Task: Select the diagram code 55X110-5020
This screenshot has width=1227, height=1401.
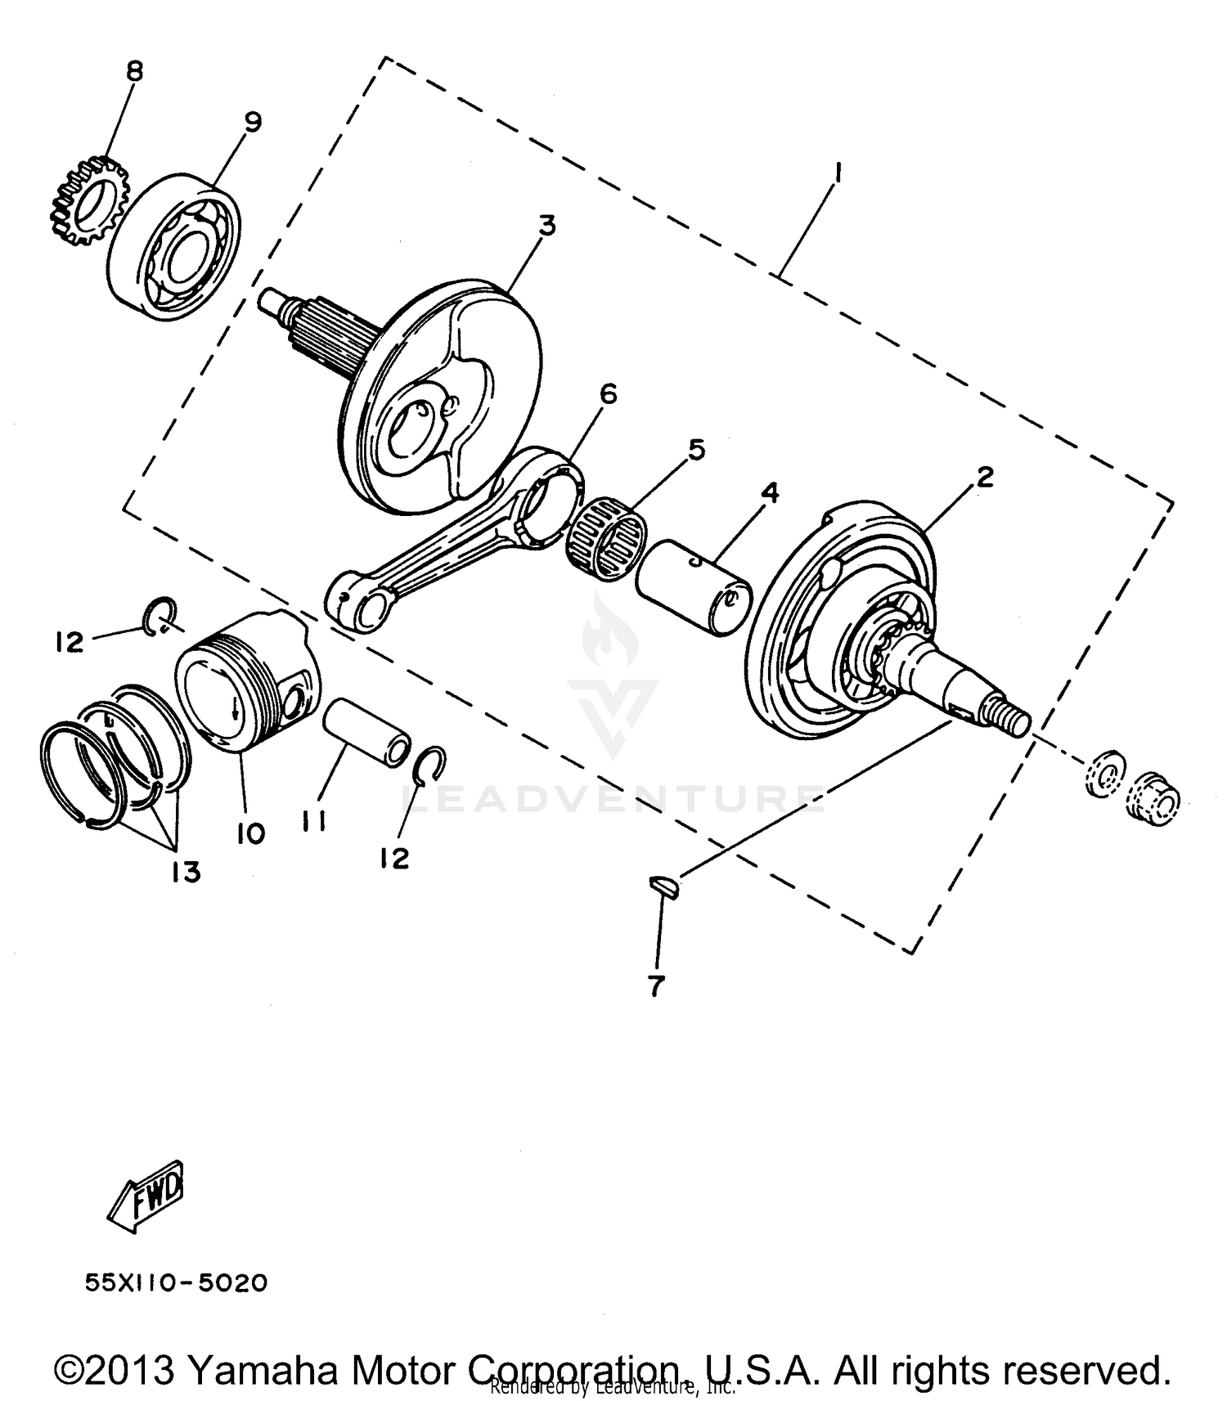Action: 177,1282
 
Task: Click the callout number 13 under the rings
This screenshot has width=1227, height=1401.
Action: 187,873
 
